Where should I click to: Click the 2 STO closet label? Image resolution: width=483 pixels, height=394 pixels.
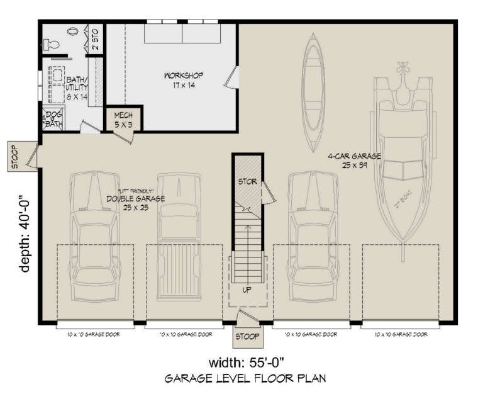[95, 39]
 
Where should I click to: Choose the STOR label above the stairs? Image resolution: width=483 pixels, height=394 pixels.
[247, 182]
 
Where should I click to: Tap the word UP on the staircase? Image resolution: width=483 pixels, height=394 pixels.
[247, 290]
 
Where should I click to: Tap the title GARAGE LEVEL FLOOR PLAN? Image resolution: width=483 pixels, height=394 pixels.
[245, 380]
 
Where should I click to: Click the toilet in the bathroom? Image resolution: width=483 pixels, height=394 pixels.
[50, 43]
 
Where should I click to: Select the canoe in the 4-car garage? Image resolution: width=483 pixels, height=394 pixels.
[313, 91]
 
